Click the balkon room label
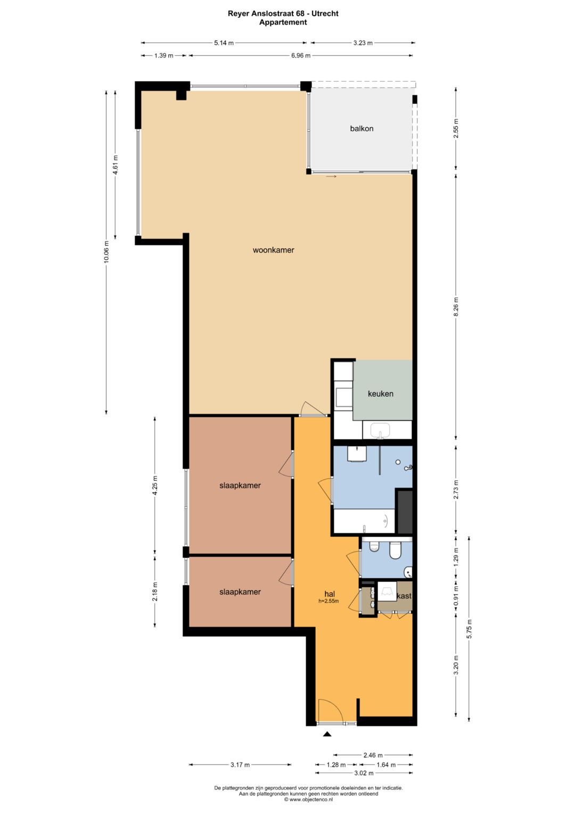click(x=362, y=128)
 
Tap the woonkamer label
click(x=273, y=250)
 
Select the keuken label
click(x=381, y=394)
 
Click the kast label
click(x=404, y=596)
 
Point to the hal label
click(x=330, y=594)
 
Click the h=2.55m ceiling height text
click(x=328, y=602)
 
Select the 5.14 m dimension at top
click(x=224, y=43)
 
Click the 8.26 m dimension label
click(x=456, y=306)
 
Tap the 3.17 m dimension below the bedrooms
click(x=240, y=765)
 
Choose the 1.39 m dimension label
click(x=163, y=55)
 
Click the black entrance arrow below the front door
click(x=327, y=734)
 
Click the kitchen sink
click(x=380, y=429)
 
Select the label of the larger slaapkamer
click(x=240, y=486)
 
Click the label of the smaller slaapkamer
click(x=240, y=592)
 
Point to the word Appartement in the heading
click(x=283, y=22)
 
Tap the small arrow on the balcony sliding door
click(x=331, y=177)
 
